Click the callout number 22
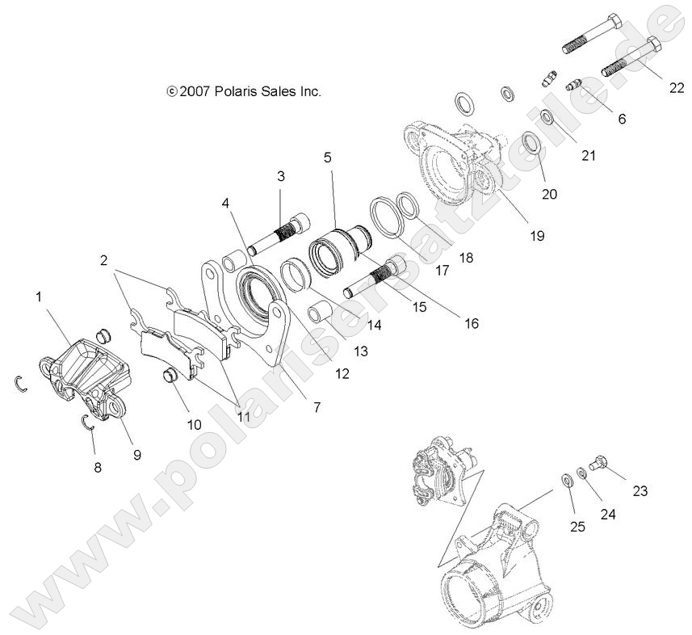coord(676,90)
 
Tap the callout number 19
coord(537,236)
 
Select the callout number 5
coord(328,157)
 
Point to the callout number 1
coord(38,297)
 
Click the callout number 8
coord(98,466)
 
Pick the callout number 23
coord(640,490)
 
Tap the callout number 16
coord(472,323)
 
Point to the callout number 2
coord(104,260)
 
